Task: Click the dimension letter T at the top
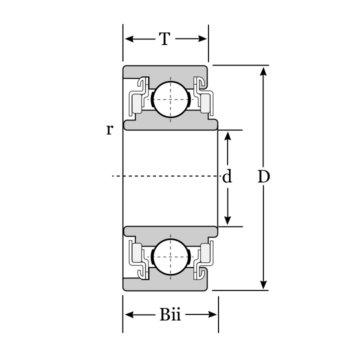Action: click(165, 39)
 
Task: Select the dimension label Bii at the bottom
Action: click(170, 314)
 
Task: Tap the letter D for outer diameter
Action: click(263, 176)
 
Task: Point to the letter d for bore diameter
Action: click(227, 176)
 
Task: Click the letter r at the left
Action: click(109, 129)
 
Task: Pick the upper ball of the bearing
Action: click(170, 99)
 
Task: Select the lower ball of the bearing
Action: click(170, 256)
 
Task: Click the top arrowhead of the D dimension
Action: click(263, 70)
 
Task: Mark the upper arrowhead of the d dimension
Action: click(227, 135)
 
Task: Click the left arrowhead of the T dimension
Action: click(128, 39)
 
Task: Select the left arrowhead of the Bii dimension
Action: click(128, 314)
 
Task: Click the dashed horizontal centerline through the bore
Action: click(165, 176)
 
